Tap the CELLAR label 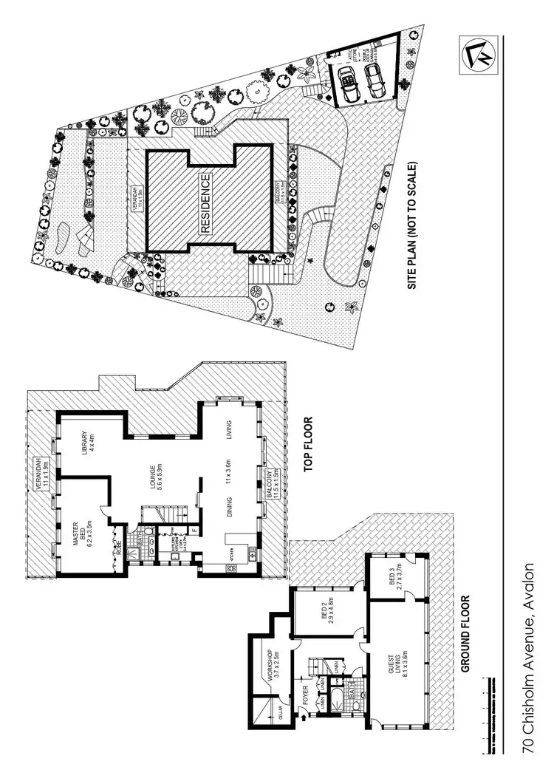(x=281, y=713)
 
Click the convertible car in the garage (x=346, y=79)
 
